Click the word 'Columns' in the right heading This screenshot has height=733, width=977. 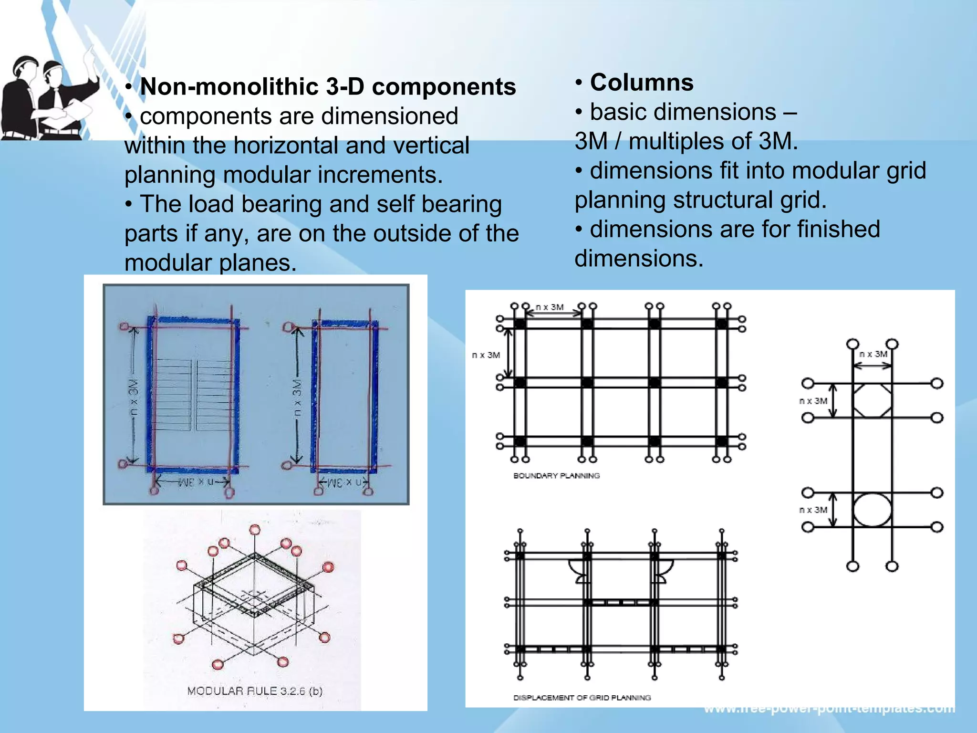point(642,83)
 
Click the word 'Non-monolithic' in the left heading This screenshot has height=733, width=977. point(229,87)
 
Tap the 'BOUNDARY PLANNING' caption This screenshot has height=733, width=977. point(556,476)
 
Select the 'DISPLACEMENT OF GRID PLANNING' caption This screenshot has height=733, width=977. point(582,698)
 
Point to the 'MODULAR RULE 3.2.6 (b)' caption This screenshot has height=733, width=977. point(255,691)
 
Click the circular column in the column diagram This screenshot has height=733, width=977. point(872,510)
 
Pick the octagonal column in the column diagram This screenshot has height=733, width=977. point(872,401)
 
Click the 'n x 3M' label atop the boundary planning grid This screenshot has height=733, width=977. point(550,307)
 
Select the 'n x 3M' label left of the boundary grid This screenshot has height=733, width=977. point(486,355)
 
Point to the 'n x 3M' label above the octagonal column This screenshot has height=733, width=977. point(873,354)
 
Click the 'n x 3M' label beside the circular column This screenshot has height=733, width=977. point(813,510)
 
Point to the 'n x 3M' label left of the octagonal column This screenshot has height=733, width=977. point(813,401)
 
